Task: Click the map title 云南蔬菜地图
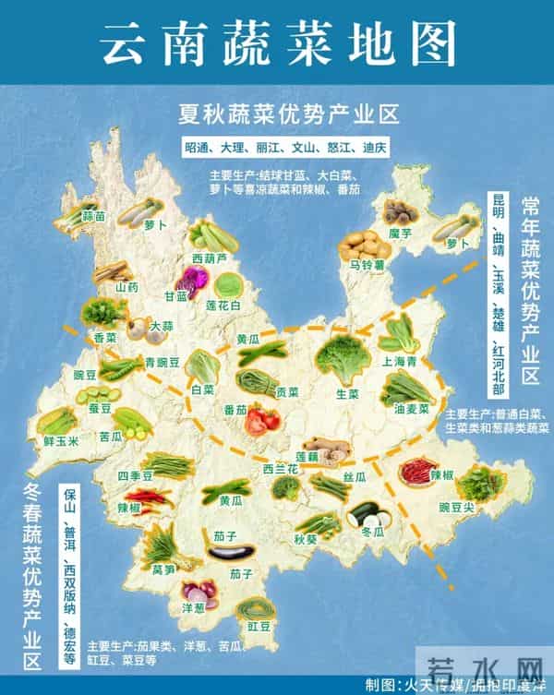coord(277,42)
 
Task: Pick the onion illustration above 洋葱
coord(198,590)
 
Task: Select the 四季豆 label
coord(135,476)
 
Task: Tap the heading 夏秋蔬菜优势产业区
coord(288,115)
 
